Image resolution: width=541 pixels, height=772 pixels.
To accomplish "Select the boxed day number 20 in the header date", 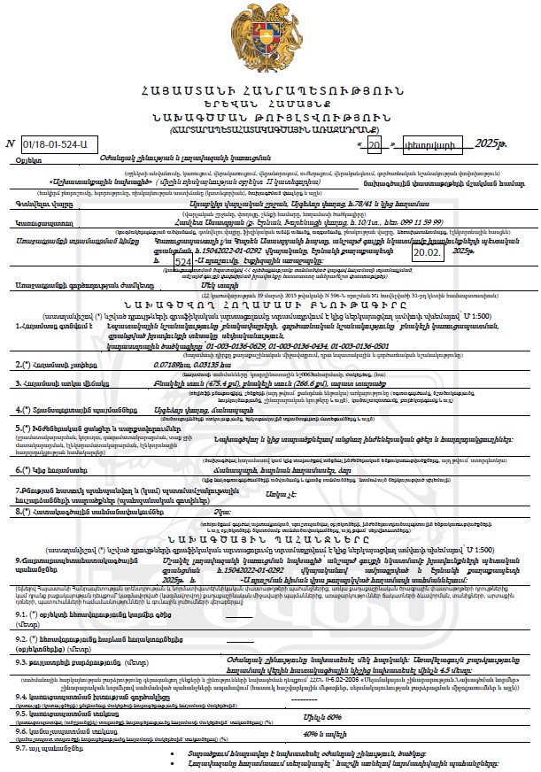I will point(374,143).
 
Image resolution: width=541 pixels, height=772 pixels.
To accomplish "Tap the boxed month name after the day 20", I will point(428,143).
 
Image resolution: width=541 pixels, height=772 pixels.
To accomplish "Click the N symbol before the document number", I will point(11,143).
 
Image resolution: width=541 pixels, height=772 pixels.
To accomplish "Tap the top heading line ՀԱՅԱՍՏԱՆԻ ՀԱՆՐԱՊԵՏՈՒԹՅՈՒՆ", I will point(269,92).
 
